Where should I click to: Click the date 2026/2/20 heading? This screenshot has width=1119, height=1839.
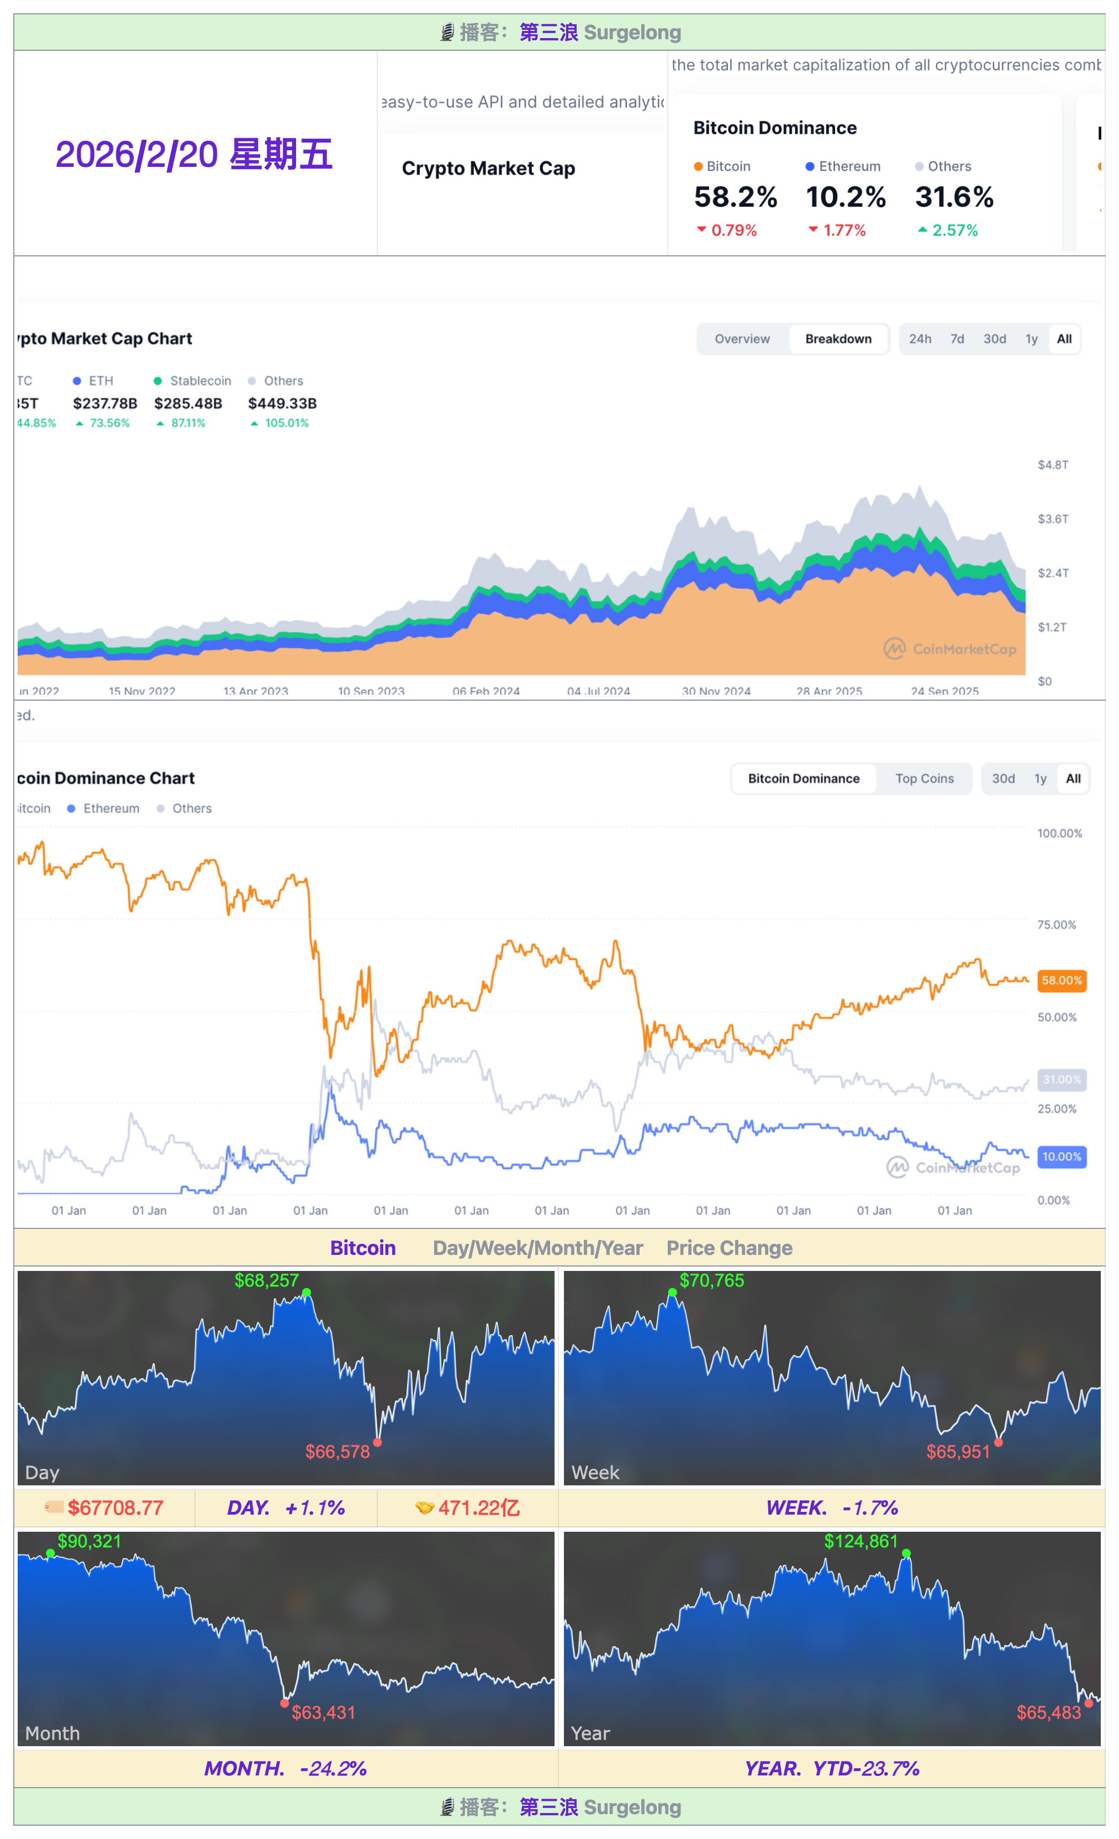point(193,155)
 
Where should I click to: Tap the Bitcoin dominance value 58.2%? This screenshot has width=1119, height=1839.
point(735,197)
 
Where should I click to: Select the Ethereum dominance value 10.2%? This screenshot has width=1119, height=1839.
point(845,197)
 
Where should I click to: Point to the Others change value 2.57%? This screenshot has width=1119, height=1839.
point(954,230)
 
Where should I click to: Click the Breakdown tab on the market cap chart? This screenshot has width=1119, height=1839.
point(838,339)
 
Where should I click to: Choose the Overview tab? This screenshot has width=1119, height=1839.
point(742,339)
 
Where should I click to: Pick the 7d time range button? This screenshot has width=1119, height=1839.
point(957,339)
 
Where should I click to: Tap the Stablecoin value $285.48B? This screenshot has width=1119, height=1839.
point(188,403)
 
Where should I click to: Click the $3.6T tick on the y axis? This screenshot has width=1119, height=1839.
point(1053,519)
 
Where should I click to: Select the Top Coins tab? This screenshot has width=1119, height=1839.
point(924,779)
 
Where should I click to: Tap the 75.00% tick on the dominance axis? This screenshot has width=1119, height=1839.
point(1057,924)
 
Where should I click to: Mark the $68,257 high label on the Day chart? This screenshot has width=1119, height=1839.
point(266,1281)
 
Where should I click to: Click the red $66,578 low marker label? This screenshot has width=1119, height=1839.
point(337,1452)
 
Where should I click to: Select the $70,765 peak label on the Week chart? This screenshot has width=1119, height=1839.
point(711,1281)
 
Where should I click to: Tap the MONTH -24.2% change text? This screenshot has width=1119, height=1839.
point(286,1768)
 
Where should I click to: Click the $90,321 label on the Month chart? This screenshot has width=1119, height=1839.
point(89,1541)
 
